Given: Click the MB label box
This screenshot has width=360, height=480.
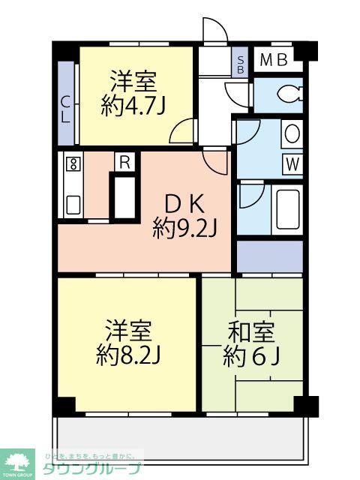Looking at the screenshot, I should [x=274, y=60].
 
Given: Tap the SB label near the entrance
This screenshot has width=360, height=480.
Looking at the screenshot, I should [x=240, y=64].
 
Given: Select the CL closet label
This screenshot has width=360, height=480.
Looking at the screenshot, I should [x=66, y=110].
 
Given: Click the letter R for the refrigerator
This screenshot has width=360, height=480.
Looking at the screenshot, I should [x=125, y=160].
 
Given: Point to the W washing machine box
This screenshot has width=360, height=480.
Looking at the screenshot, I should [x=292, y=163].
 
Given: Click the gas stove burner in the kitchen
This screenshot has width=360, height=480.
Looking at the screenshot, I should [x=73, y=165].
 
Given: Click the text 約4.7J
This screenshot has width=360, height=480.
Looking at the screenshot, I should [x=133, y=106].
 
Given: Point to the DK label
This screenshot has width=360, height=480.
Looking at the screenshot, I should [x=184, y=203].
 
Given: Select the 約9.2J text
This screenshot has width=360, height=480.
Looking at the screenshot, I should [x=184, y=227].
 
